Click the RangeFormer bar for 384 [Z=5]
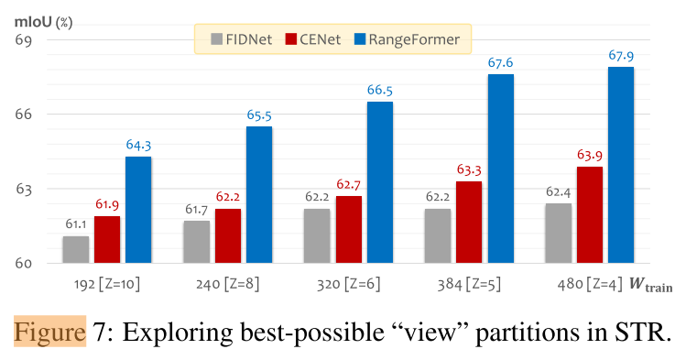500,169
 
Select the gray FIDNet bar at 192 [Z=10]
76,250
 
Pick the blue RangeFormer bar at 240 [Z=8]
258,195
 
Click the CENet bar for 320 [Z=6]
348,230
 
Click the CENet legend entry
317,38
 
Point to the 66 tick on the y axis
23,115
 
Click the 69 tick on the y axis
23,40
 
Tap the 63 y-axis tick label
23,190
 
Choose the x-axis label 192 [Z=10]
106,285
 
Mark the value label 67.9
621,56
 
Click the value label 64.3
138,146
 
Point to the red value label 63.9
590,156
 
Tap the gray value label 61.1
76,224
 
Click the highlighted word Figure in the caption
49,331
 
